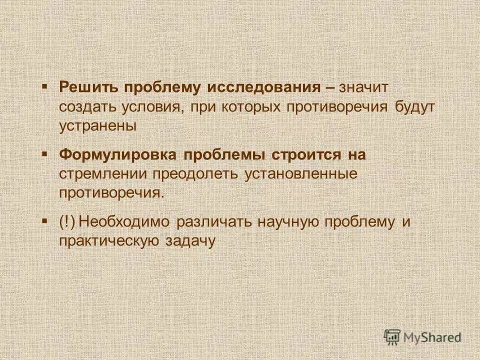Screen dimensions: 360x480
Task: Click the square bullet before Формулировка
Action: point(44,154)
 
